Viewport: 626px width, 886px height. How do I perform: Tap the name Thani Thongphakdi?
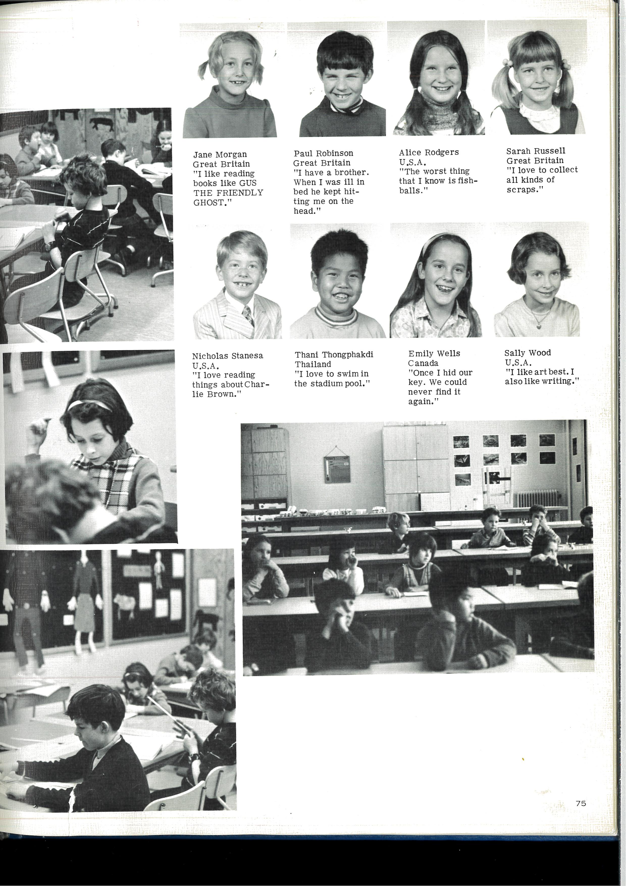[x=334, y=355]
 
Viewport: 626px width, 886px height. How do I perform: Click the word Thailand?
[x=313, y=364]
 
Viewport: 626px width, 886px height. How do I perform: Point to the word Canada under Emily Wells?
[x=423, y=363]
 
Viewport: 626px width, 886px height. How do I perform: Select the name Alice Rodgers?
[x=429, y=153]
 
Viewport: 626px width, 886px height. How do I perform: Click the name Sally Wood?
[x=528, y=353]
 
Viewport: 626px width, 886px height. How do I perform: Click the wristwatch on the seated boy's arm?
[x=49, y=245]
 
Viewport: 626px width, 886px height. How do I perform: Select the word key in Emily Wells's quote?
[x=416, y=382]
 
